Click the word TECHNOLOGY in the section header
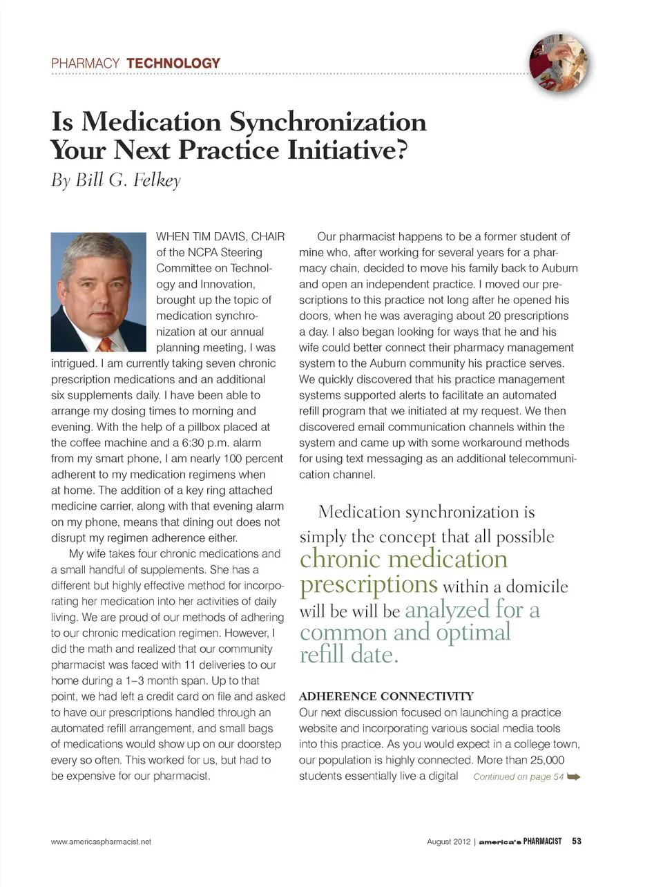pos(173,64)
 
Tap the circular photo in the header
pos(559,63)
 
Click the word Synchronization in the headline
pos(327,122)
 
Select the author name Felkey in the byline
pos(157,180)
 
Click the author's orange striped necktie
pos(105,343)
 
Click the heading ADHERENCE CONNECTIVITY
pos(386,696)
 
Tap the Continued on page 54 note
pos(518,777)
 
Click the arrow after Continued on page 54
pos(574,776)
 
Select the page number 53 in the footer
pos(577,841)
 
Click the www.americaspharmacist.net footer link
pos(101,841)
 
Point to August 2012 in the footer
pos(448,841)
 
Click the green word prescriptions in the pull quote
pos(369,584)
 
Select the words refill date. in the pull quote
pos(349,654)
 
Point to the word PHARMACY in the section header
pos(85,64)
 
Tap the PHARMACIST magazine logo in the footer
pos(541,841)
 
